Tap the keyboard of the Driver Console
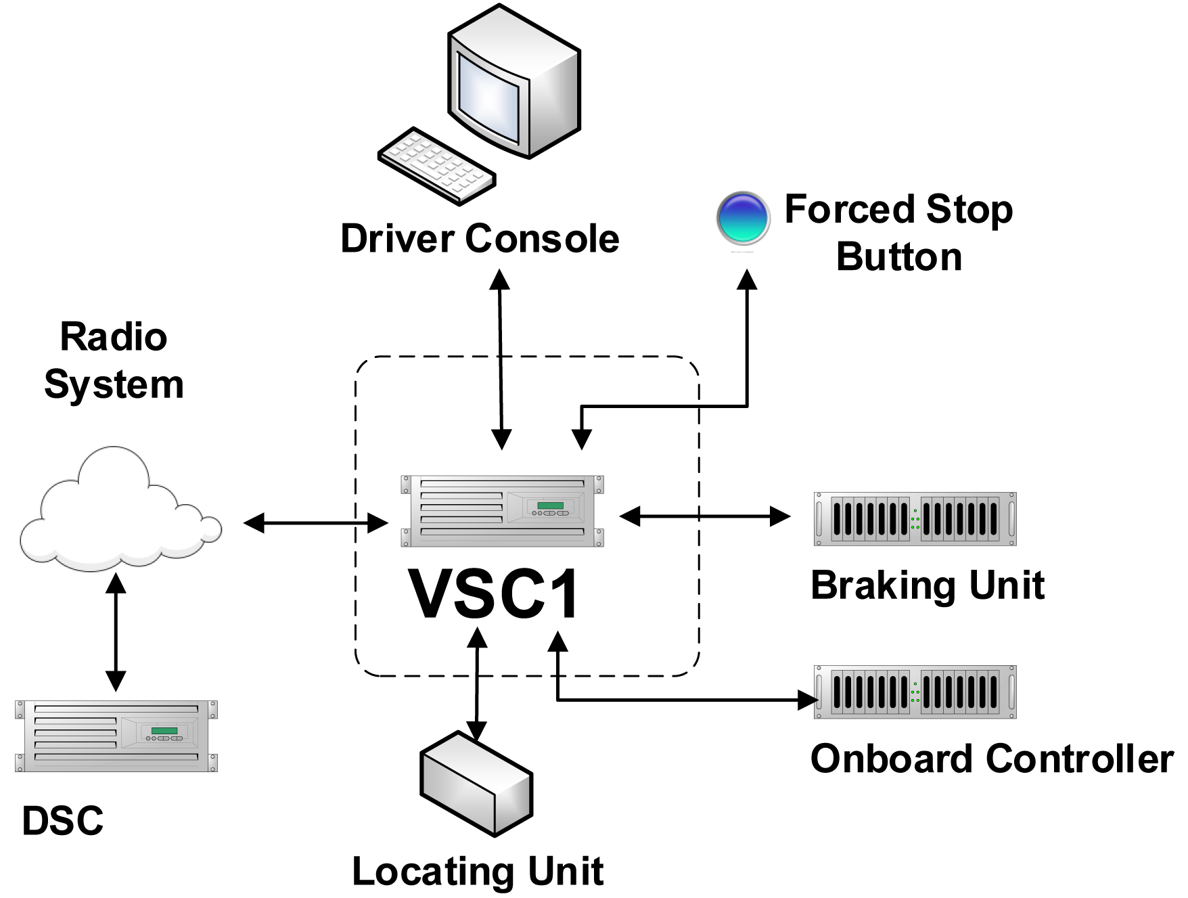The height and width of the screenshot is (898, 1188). tap(436, 165)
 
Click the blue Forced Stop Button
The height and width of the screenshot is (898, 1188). tap(743, 218)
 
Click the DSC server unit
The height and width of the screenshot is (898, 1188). tap(116, 736)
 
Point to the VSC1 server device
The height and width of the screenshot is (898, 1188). tap(501, 511)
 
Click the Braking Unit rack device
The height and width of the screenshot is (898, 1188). tap(915, 519)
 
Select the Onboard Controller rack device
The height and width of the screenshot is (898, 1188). tap(915, 692)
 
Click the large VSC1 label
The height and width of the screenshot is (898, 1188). tap(494, 595)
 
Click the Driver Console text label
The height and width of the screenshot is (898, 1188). tap(480, 239)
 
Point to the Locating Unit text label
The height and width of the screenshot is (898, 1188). tap(478, 871)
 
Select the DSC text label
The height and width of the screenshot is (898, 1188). tap(62, 821)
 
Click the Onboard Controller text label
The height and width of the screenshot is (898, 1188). tap(992, 759)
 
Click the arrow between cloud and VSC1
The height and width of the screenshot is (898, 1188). tap(315, 522)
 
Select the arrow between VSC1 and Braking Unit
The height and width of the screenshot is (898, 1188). tap(704, 516)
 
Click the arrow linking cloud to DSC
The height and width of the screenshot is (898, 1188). tap(116, 632)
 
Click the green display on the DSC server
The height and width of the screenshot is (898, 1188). tap(164, 731)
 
